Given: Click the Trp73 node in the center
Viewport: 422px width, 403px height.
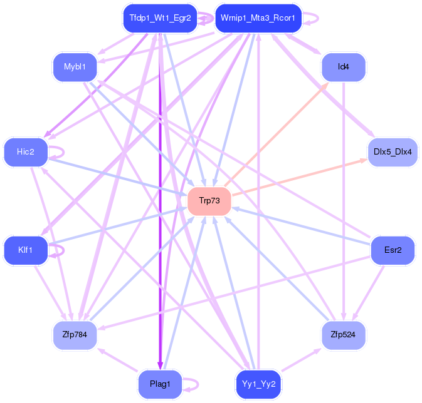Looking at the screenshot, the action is coord(209,201).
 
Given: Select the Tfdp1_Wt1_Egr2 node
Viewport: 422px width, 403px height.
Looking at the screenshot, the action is coord(160,18).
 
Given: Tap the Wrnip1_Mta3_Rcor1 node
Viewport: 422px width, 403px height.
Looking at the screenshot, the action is coord(258,18).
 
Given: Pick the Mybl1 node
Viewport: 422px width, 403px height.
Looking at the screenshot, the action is coord(75,67).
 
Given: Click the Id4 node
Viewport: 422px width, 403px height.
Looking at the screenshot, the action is coord(344,67).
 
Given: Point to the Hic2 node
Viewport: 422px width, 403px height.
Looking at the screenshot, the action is coord(26,152).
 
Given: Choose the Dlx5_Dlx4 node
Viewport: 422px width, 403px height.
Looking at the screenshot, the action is coord(393,152).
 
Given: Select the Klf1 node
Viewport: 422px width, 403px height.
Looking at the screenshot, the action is coord(26,250).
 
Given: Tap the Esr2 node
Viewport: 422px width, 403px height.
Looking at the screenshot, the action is coord(393,250).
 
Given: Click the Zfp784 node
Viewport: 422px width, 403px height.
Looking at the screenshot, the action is coord(75,335).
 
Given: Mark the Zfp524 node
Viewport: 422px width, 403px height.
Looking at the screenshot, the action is coord(344,335).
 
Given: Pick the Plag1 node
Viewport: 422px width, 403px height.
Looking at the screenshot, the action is coord(160,384).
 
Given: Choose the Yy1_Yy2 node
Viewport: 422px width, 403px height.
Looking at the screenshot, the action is coord(258,384).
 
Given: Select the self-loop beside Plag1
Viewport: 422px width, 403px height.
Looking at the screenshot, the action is coord(198,384).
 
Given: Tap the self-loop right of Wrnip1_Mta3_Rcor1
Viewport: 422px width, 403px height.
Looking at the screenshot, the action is coord(318,18).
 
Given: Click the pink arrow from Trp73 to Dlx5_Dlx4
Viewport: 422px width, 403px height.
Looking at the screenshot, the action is coord(299,177).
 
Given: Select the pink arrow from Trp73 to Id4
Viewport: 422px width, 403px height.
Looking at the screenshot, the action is coord(277,134).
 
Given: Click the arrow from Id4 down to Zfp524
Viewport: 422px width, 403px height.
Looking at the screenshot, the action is coord(344,201).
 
